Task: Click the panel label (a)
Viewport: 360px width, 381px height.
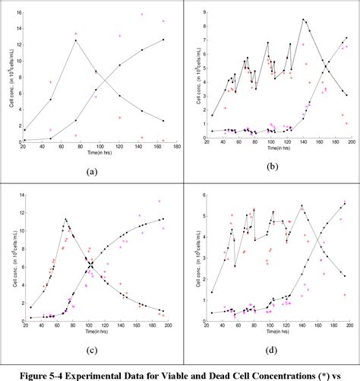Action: coord(92,172)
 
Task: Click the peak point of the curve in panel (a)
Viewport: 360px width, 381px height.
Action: coord(75,40)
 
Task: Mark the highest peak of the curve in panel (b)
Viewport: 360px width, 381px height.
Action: coord(303,20)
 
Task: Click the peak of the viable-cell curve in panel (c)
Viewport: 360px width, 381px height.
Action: coord(66,220)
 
